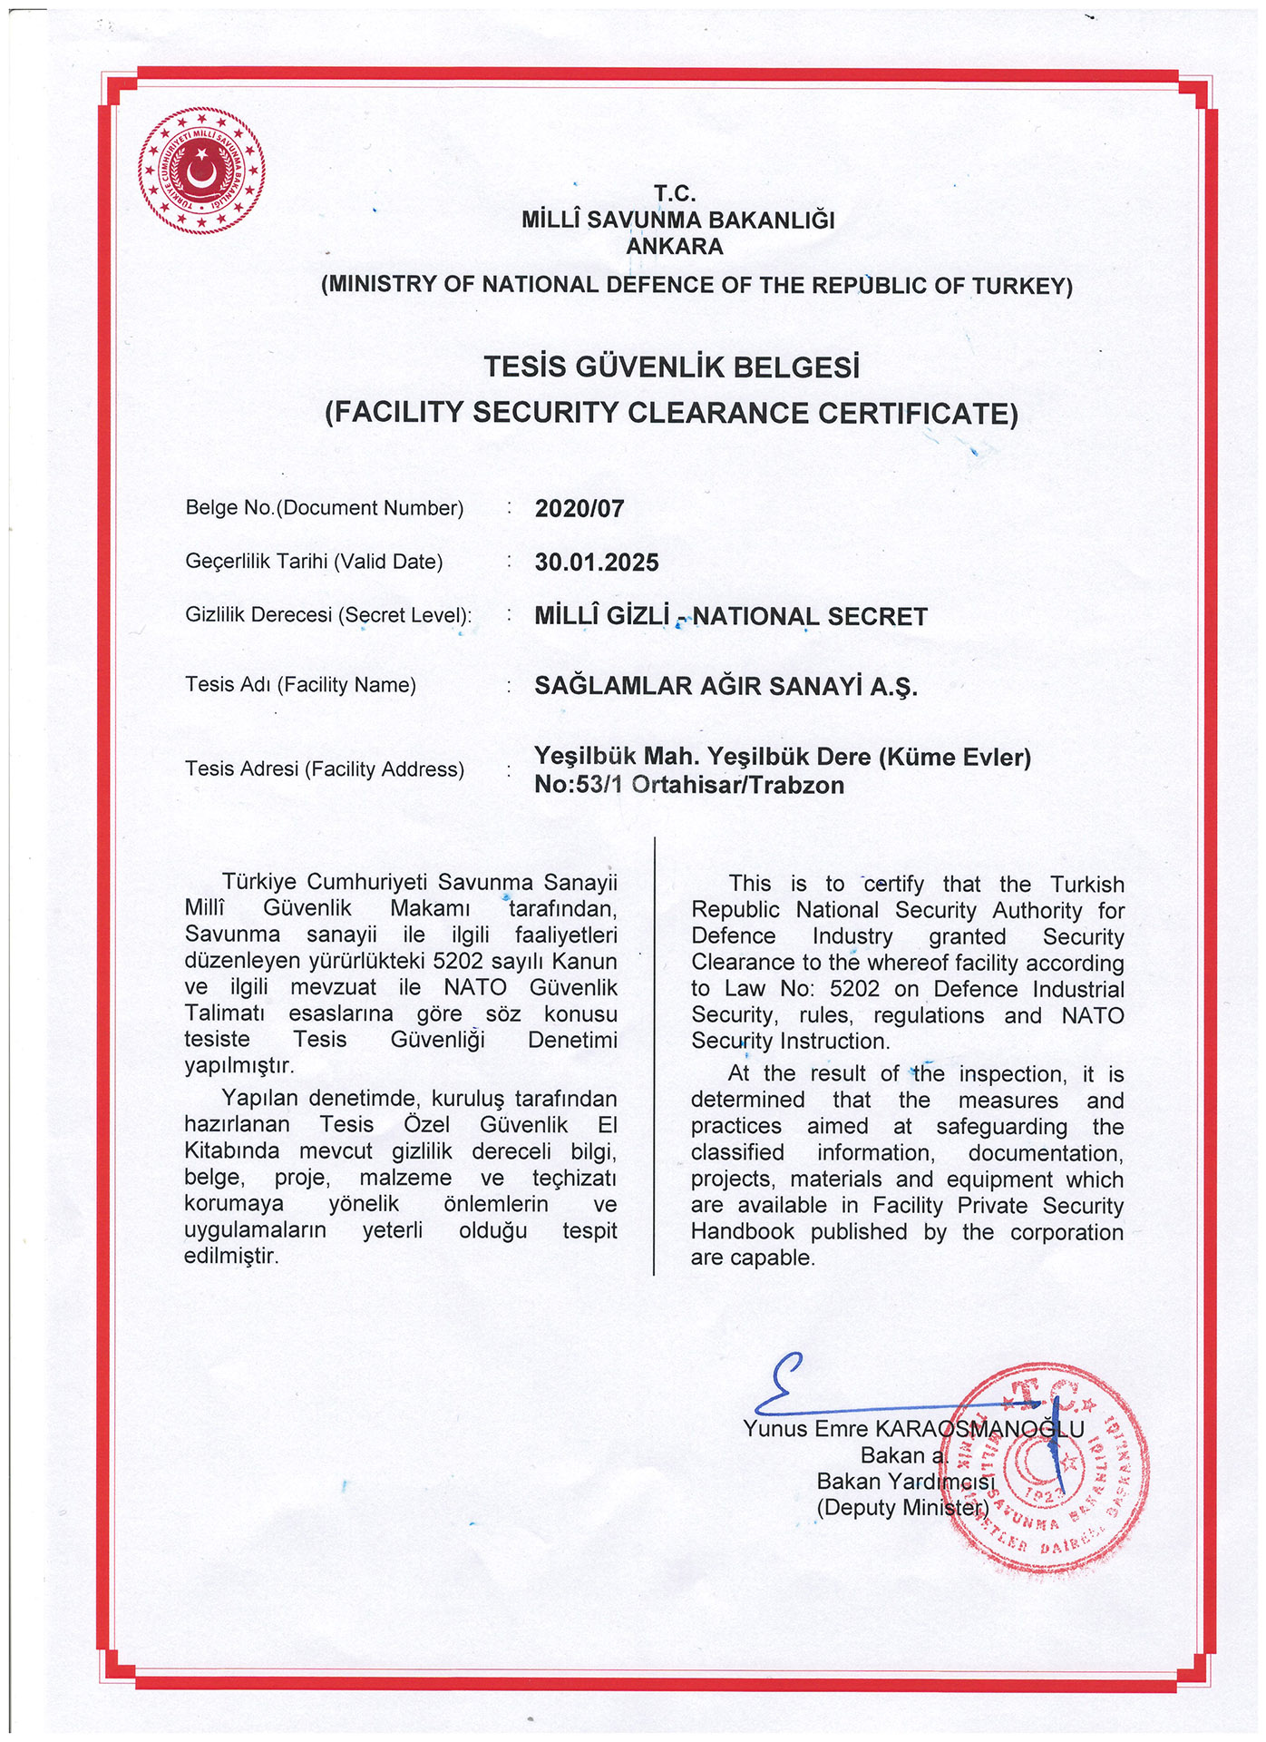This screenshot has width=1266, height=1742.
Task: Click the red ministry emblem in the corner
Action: tap(202, 171)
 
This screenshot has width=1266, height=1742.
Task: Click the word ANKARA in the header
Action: tap(675, 247)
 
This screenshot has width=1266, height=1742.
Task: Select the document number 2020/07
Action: tap(579, 509)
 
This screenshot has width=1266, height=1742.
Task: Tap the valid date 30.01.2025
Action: tap(597, 563)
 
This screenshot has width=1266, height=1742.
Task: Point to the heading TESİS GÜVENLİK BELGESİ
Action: tap(671, 367)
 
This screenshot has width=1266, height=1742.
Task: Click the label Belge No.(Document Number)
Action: tap(325, 508)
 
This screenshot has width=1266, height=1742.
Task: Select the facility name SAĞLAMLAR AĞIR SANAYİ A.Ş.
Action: tap(726, 686)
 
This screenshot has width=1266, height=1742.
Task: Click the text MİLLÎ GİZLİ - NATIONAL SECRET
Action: tap(731, 617)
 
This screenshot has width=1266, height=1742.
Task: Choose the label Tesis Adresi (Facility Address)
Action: tap(325, 769)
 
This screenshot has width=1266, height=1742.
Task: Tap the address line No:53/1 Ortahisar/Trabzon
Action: tap(689, 786)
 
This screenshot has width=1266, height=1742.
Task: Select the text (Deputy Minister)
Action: tap(902, 1508)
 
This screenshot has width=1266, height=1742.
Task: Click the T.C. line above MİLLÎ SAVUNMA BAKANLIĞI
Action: tap(675, 193)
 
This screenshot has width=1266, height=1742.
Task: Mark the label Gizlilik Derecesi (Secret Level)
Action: tap(328, 615)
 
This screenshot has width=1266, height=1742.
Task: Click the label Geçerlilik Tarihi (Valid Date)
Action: tap(314, 562)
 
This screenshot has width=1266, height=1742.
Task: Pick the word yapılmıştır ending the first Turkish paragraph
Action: tap(239, 1065)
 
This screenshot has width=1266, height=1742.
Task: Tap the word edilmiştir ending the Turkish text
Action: tap(231, 1257)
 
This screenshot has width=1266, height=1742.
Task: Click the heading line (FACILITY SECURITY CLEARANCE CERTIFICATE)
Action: tap(671, 414)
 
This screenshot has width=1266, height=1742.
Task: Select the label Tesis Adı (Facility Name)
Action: tap(300, 685)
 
